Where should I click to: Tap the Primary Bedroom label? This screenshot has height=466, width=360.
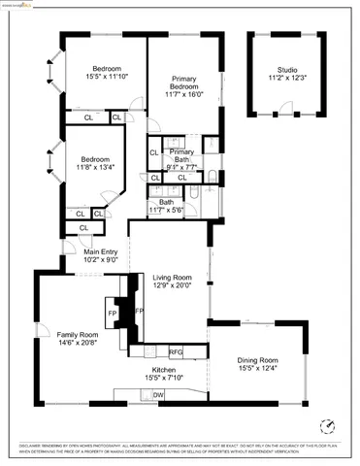coord(183,83)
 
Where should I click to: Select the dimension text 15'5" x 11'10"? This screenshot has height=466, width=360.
coord(106,77)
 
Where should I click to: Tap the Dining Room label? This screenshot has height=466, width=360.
coord(258,360)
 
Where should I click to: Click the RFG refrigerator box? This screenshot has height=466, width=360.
coord(176,352)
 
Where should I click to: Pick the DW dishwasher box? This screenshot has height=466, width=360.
coord(158,395)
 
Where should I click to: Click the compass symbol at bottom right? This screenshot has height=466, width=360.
coord(328,425)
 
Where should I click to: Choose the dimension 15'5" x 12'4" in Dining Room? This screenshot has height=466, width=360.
coord(258,369)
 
